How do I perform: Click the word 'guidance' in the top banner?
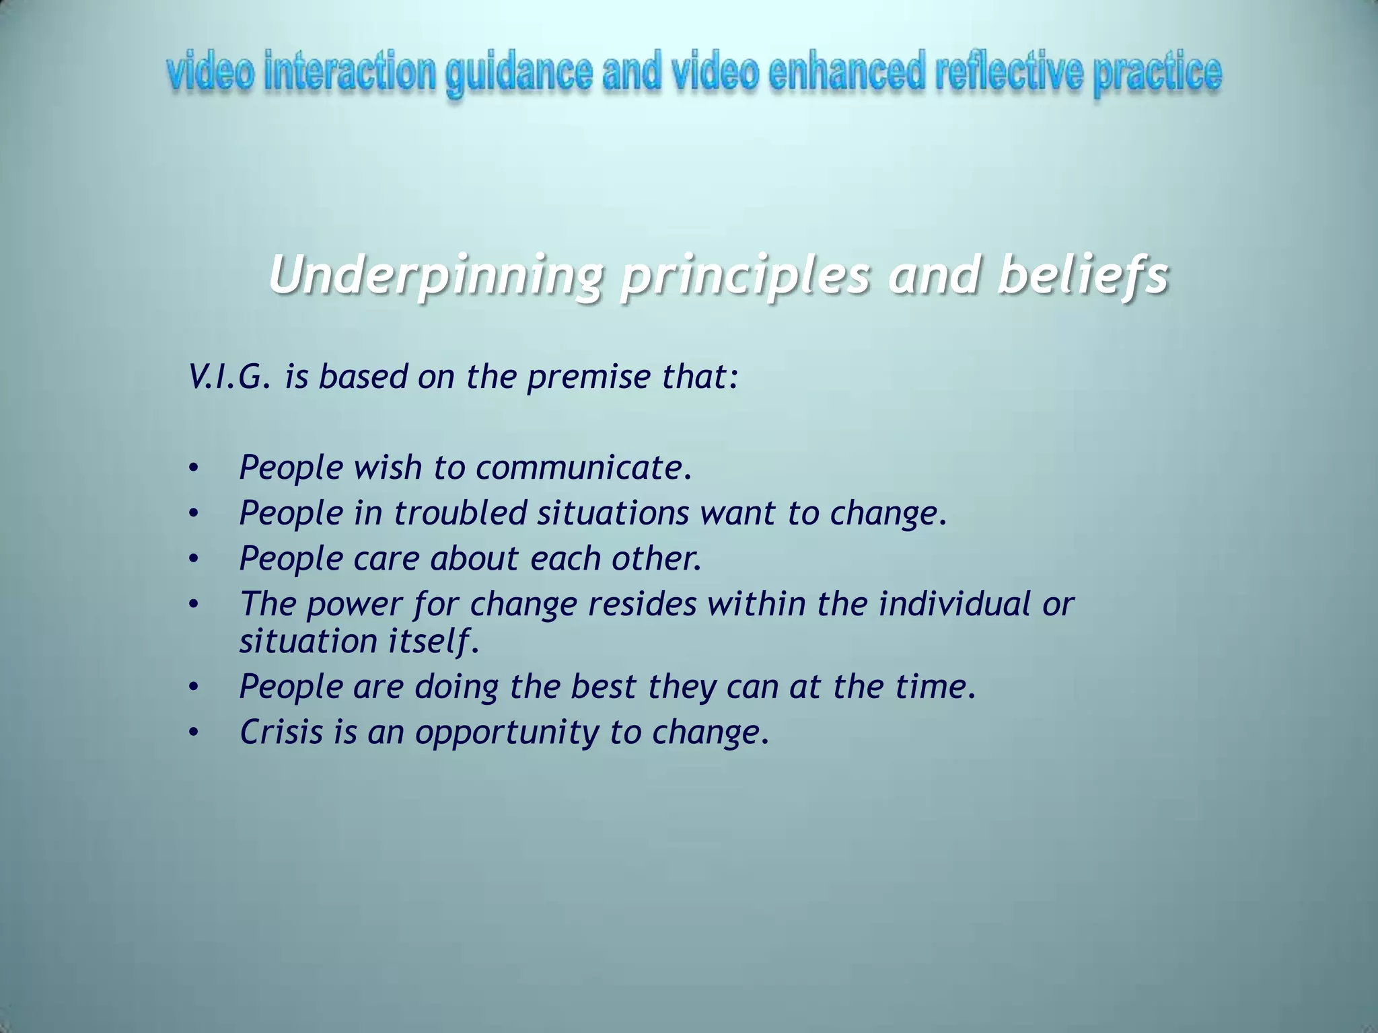point(519,75)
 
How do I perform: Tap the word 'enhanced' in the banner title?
point(846,73)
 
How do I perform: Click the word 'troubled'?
point(460,513)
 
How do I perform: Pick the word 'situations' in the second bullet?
point(613,513)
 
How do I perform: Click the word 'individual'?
point(954,603)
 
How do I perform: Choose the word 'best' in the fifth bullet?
point(603,687)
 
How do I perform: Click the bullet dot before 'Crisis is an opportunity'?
point(194,733)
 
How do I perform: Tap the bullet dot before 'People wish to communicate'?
point(194,468)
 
